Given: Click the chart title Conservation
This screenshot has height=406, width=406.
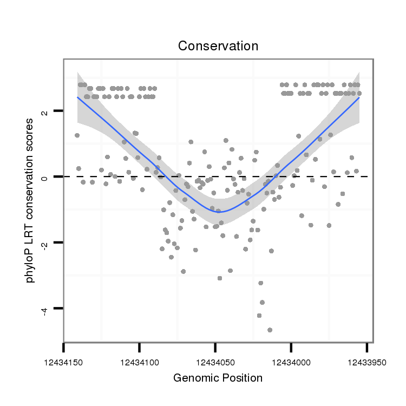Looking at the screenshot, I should (218, 46).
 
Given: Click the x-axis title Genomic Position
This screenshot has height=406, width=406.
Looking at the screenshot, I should (218, 378).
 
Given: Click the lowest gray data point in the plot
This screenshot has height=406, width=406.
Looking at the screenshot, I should (270, 330).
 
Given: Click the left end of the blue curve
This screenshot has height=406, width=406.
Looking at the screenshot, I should (77, 97).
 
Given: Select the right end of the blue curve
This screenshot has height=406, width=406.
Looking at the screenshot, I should (359, 97).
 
